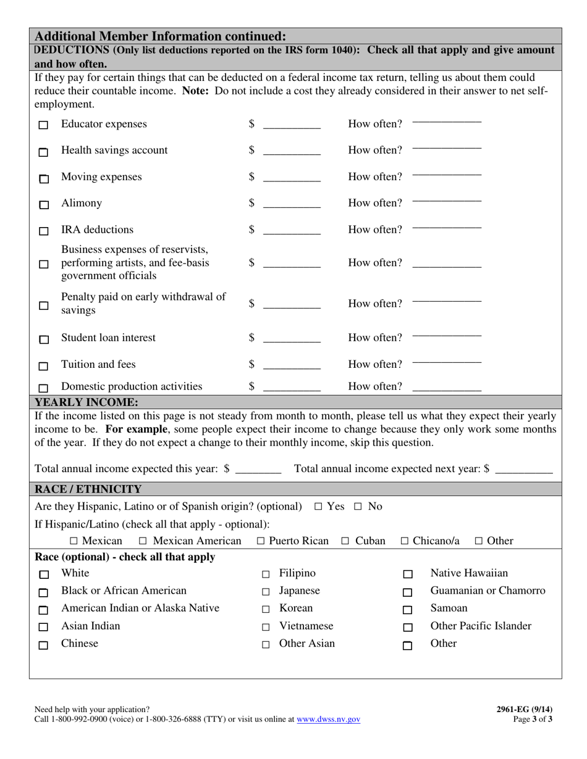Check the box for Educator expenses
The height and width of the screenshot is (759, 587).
pos(43,125)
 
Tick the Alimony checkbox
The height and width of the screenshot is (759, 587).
pos(43,205)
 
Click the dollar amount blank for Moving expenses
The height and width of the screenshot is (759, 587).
pos(292,178)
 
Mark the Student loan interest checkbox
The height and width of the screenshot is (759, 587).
pos(43,339)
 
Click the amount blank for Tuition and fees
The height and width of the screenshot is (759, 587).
pos(292,366)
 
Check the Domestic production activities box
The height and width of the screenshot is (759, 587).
pos(43,389)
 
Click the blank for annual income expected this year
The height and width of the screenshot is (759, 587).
pos(258,470)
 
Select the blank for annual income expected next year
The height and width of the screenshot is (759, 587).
pos(524,470)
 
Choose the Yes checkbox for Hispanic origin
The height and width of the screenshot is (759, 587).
pos(318,507)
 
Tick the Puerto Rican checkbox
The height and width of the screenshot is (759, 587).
pos(261,541)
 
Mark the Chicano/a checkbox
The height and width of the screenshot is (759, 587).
pos(405,541)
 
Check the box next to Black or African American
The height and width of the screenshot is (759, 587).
pos(43,593)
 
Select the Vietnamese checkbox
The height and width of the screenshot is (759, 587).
pos(266,628)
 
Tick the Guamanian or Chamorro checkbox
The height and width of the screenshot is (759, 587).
pos(408,593)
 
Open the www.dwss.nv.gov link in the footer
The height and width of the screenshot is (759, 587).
pos(328,719)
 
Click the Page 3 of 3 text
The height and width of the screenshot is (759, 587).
pos(533,719)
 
